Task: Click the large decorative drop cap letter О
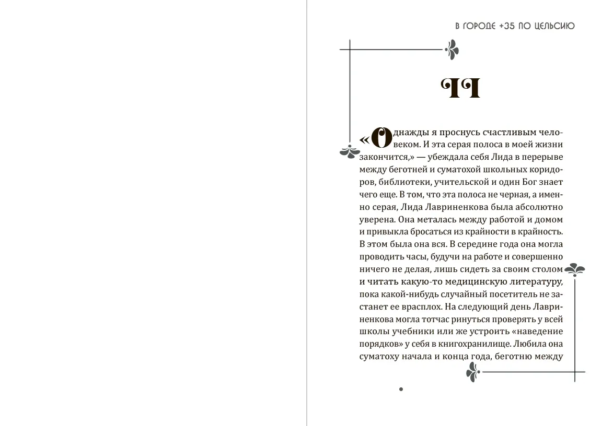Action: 382,138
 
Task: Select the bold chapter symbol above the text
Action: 460,89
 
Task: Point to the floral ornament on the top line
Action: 451,50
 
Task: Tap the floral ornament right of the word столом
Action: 576,269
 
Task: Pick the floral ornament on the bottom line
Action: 472,373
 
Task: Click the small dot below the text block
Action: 401,389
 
